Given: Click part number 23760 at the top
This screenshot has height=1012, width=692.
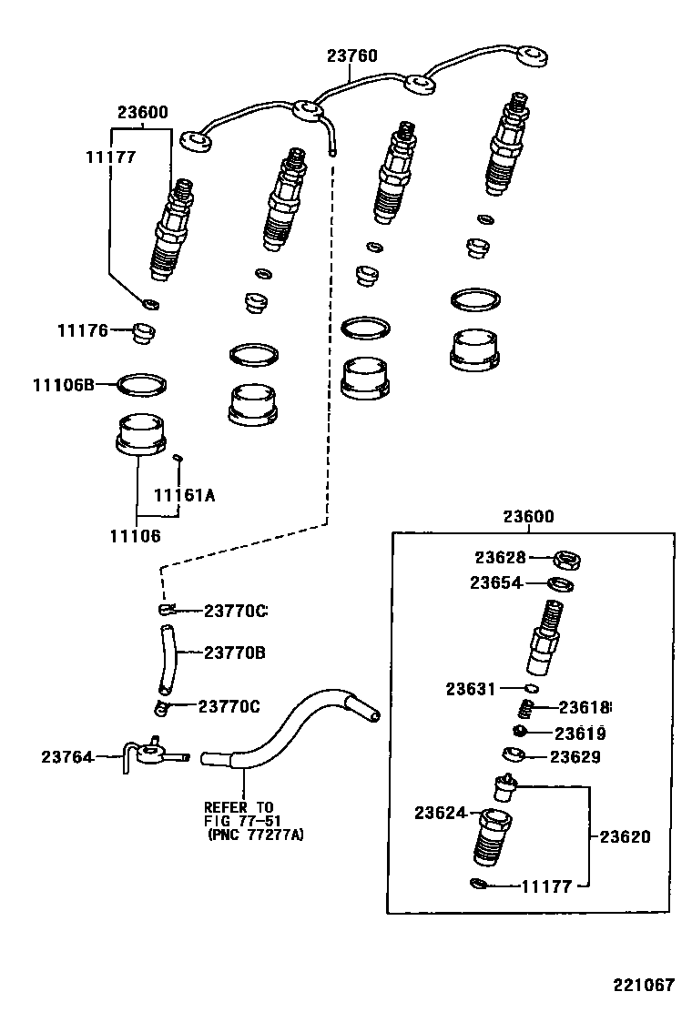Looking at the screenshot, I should click(x=351, y=56).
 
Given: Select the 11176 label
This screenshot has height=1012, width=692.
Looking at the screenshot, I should click(x=83, y=331).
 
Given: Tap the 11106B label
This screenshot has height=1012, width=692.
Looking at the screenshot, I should click(x=64, y=385).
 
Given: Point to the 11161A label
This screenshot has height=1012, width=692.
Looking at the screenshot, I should click(x=184, y=495).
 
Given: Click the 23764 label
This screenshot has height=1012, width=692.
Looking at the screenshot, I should click(x=67, y=756).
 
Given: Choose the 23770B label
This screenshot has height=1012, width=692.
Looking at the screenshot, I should click(x=234, y=653).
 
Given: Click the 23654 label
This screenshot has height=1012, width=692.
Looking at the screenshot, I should click(x=496, y=583).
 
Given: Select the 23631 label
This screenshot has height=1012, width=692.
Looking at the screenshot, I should click(x=472, y=689).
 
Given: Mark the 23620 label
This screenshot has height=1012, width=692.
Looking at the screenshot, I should click(x=626, y=836).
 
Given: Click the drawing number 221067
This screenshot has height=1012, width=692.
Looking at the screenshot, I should click(x=643, y=985).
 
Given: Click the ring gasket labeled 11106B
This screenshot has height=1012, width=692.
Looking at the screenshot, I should click(x=142, y=385).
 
